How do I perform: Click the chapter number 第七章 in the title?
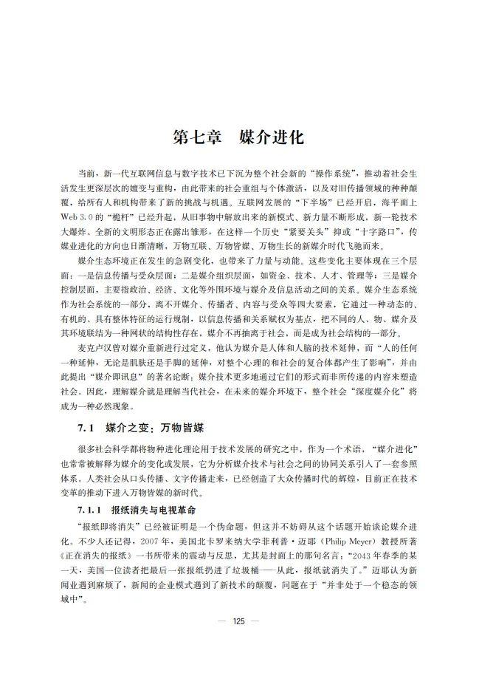(x=195, y=137)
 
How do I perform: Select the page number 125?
(x=238, y=621)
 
